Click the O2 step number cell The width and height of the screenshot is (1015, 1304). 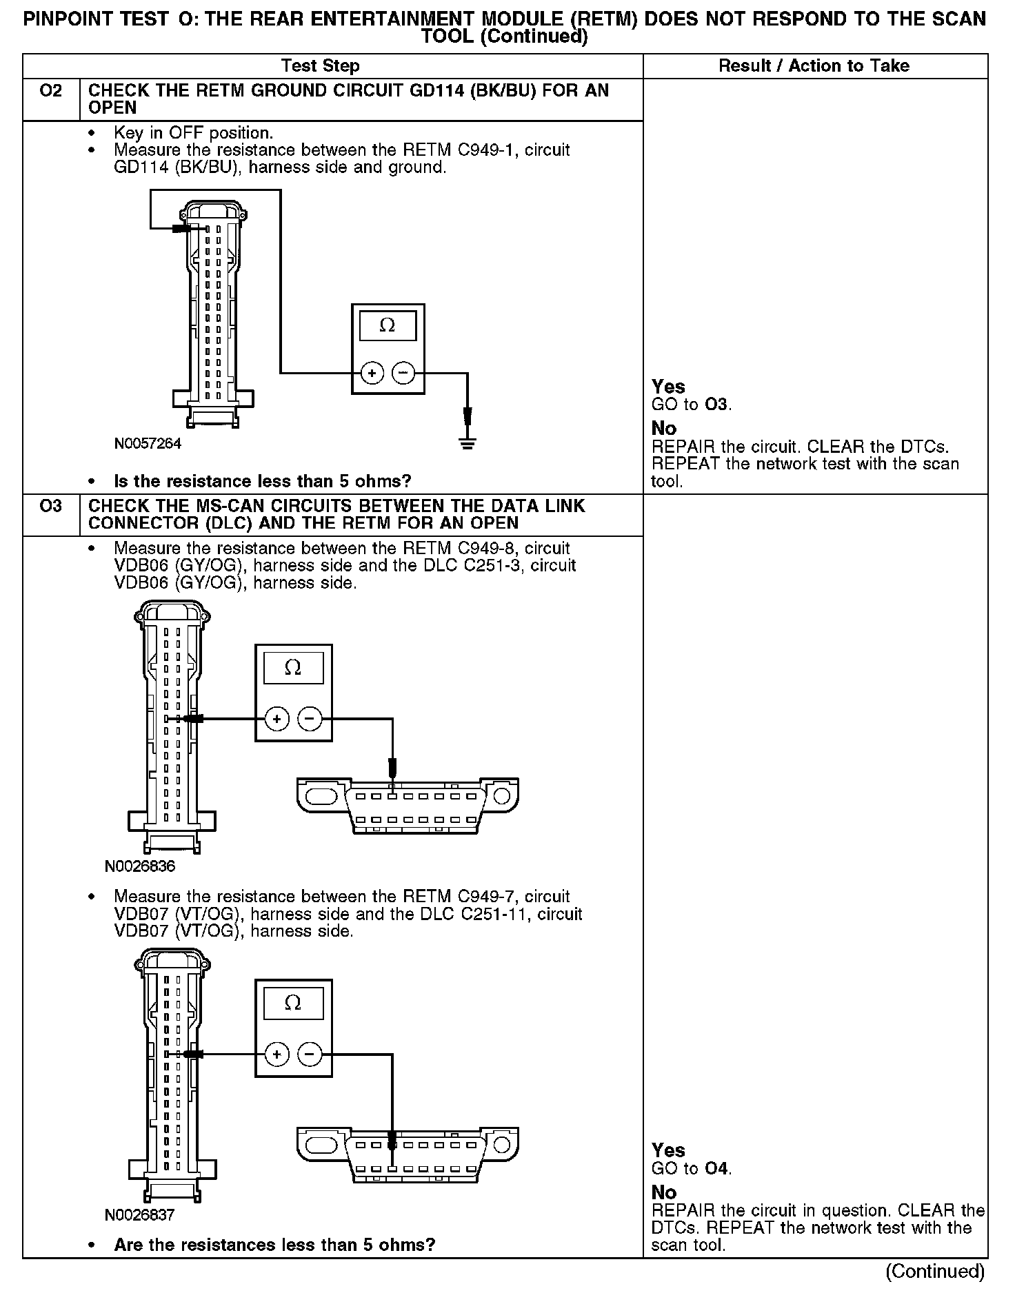[51, 91]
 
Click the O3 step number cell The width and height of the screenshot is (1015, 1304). [51, 507]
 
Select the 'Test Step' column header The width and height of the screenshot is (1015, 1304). [320, 66]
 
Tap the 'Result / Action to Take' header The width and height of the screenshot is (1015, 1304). [814, 66]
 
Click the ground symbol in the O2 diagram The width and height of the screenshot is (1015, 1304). [468, 442]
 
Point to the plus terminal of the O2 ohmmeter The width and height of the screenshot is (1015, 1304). [372, 374]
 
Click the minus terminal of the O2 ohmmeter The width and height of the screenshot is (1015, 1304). [403, 374]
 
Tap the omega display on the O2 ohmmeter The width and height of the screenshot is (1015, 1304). [388, 325]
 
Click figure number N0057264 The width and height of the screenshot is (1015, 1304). [148, 444]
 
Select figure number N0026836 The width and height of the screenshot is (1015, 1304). [140, 866]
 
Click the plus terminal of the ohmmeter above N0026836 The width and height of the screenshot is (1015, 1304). [277, 719]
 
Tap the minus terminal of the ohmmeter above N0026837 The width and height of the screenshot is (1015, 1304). [310, 1054]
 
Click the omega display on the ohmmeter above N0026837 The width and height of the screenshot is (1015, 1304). [293, 1003]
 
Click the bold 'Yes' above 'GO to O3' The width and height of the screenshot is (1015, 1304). [668, 387]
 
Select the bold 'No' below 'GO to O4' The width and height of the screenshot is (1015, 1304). [664, 1192]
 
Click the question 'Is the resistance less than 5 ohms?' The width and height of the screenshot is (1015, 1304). [263, 481]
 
